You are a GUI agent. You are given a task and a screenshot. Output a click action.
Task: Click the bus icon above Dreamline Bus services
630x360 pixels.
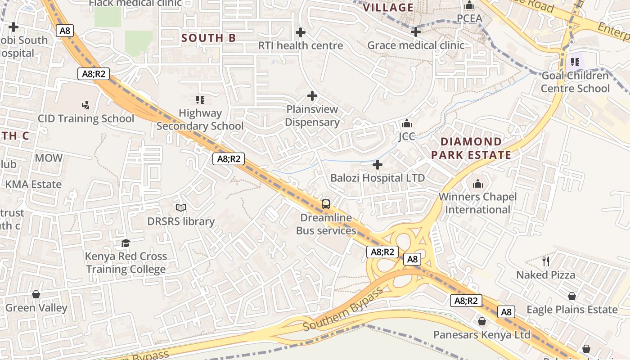[326, 204]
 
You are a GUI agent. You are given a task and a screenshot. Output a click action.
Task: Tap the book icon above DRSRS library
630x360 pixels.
[181, 207]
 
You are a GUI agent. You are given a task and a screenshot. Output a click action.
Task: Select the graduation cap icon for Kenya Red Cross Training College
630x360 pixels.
[126, 243]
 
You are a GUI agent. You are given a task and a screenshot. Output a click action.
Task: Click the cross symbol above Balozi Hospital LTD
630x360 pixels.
[378, 165]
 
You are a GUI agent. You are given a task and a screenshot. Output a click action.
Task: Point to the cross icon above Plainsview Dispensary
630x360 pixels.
[312, 96]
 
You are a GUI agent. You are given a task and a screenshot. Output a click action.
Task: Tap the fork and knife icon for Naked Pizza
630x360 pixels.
[546, 261]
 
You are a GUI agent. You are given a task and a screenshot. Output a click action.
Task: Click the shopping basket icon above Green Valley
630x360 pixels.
[36, 294]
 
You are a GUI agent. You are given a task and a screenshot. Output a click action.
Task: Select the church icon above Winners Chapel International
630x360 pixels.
[477, 184]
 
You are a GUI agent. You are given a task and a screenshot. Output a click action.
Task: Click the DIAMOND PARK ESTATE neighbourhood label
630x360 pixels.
[471, 148]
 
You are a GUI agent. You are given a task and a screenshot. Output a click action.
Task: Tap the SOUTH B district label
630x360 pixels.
[208, 38]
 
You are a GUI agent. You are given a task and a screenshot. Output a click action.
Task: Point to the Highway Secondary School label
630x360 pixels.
[200, 119]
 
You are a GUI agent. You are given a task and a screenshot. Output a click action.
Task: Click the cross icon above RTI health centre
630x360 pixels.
[301, 32]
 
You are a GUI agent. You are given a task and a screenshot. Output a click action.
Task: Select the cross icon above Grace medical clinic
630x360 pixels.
[416, 32]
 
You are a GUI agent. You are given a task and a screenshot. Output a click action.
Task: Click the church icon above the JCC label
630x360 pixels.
[407, 123]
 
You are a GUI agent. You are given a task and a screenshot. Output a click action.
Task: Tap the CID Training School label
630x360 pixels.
[86, 119]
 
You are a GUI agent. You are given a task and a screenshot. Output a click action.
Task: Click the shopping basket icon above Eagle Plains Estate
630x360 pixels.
[572, 296]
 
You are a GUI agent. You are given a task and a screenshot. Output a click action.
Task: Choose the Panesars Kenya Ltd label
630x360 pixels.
[482, 335]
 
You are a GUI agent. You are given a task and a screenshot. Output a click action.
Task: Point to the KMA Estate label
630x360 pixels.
[33, 184]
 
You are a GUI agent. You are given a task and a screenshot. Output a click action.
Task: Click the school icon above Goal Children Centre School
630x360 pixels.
[575, 62]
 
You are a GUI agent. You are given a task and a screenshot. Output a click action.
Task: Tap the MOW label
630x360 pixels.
[49, 158]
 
